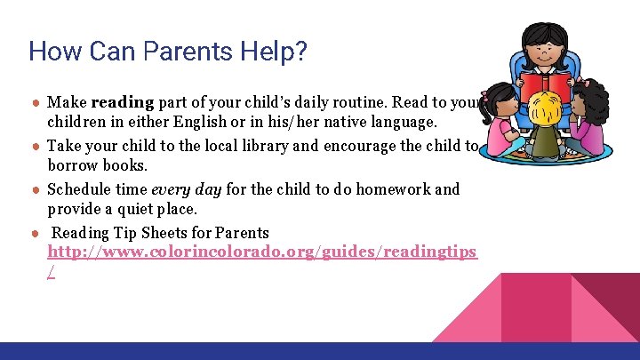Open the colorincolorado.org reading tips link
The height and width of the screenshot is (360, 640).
[262, 252]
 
